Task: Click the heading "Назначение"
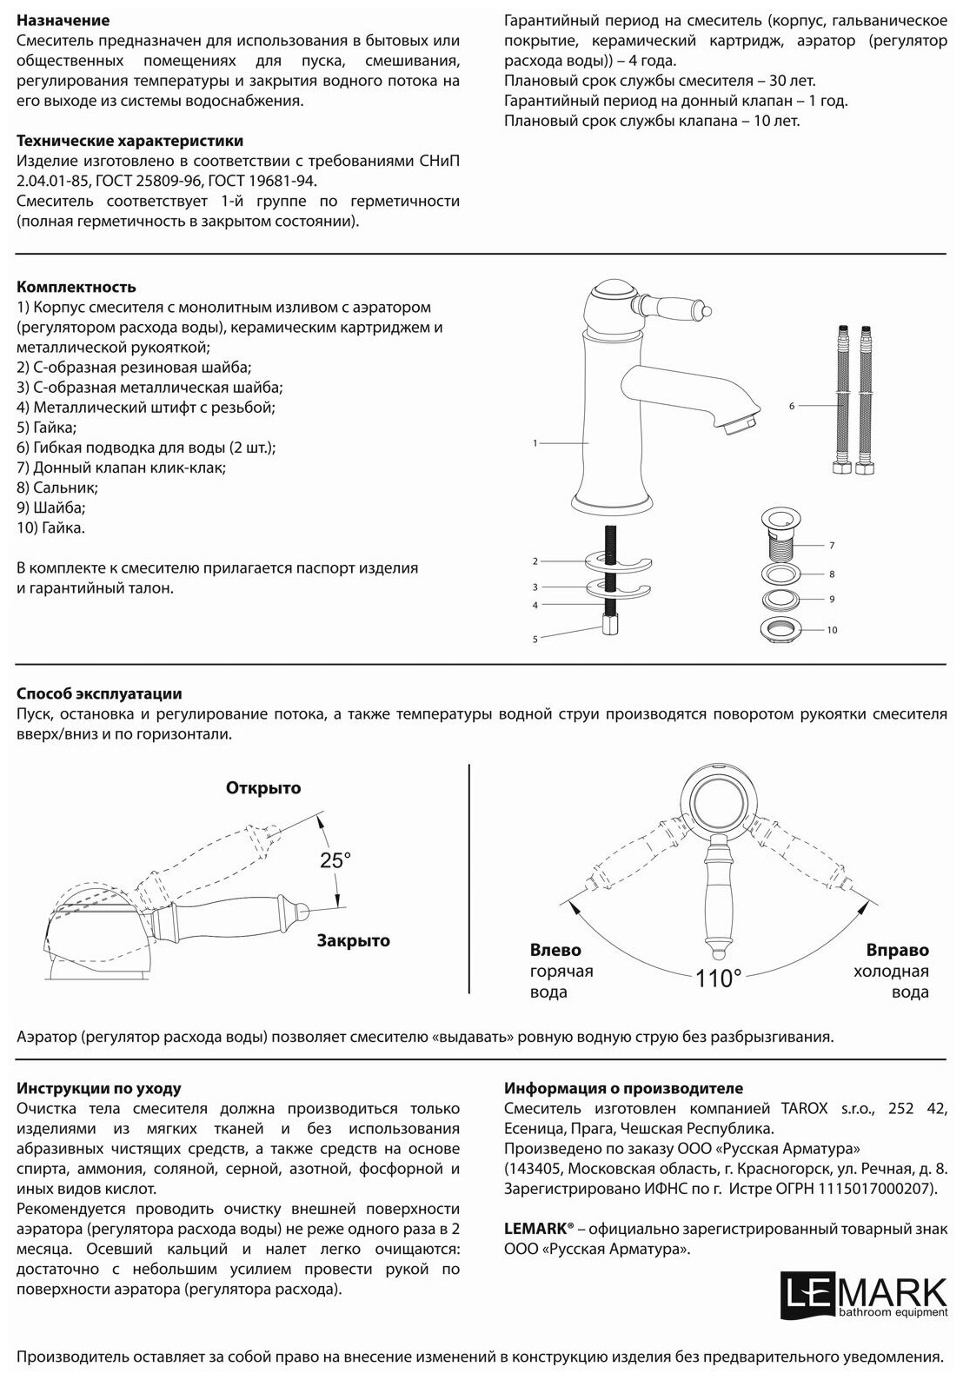point(63,20)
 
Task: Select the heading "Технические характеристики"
point(130,141)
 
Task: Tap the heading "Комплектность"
point(76,287)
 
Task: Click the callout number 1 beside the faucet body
point(535,443)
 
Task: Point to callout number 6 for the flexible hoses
point(792,406)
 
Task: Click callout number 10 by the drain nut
point(832,630)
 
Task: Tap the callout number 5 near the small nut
point(535,639)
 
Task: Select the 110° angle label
point(718,979)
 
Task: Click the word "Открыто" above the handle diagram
point(263,788)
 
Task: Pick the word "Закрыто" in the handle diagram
point(353,940)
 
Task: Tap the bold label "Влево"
point(555,950)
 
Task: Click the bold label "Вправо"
point(897,950)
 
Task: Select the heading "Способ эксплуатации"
point(99,693)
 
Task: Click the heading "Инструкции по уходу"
point(99,1088)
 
